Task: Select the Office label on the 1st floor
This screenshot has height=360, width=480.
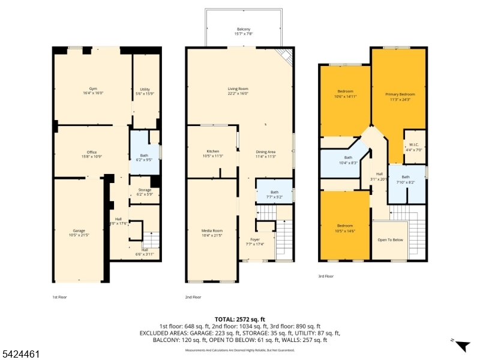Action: click(91, 154)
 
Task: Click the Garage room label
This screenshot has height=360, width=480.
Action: click(79, 232)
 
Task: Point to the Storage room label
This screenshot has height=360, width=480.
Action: click(145, 191)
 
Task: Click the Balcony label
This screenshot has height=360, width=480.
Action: click(243, 31)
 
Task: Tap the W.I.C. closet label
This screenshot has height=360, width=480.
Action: click(413, 146)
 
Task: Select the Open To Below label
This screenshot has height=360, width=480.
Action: click(389, 239)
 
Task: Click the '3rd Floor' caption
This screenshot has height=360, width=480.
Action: click(325, 277)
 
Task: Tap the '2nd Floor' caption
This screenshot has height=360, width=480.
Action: click(193, 297)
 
